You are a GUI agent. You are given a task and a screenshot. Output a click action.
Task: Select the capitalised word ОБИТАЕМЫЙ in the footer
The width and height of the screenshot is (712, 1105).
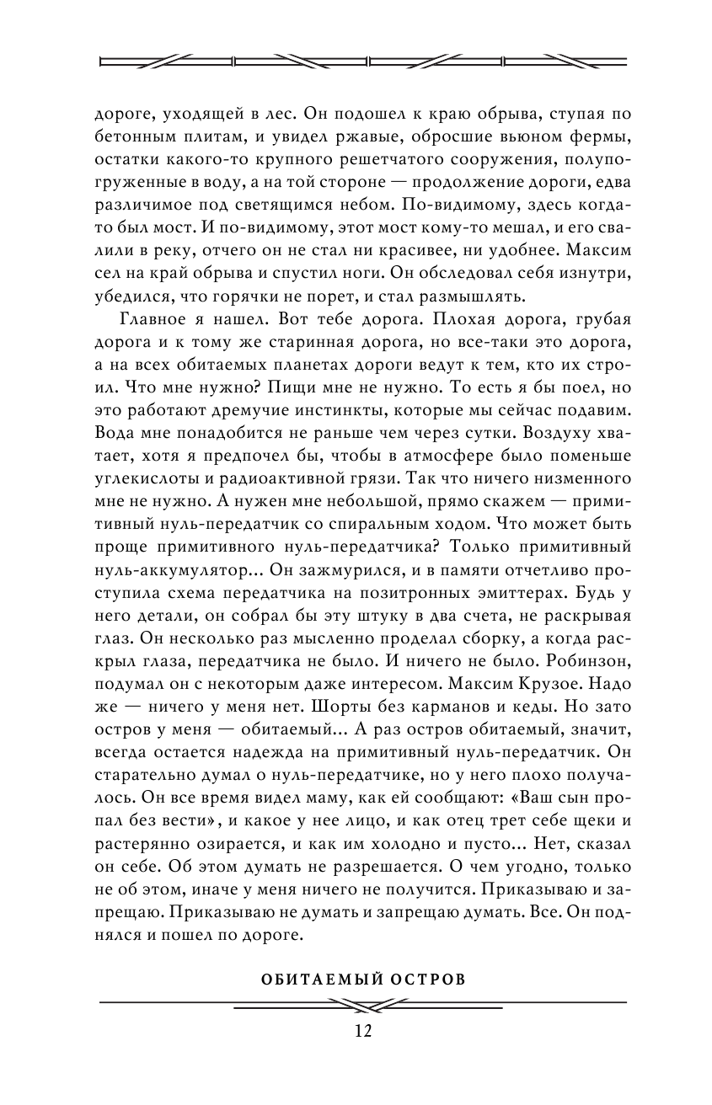pyautogui.click(x=308, y=980)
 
